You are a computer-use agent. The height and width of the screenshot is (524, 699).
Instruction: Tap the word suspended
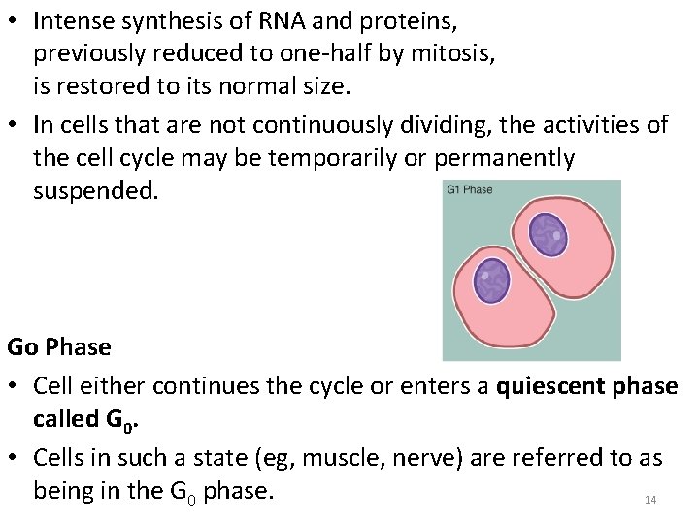(x=94, y=191)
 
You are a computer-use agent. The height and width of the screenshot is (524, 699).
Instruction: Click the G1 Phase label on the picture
(x=469, y=189)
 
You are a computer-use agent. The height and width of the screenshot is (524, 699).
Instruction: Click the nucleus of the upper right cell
(x=549, y=235)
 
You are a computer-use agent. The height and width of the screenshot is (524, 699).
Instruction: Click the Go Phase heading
(x=59, y=346)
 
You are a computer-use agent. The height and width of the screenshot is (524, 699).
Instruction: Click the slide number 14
(x=650, y=500)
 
